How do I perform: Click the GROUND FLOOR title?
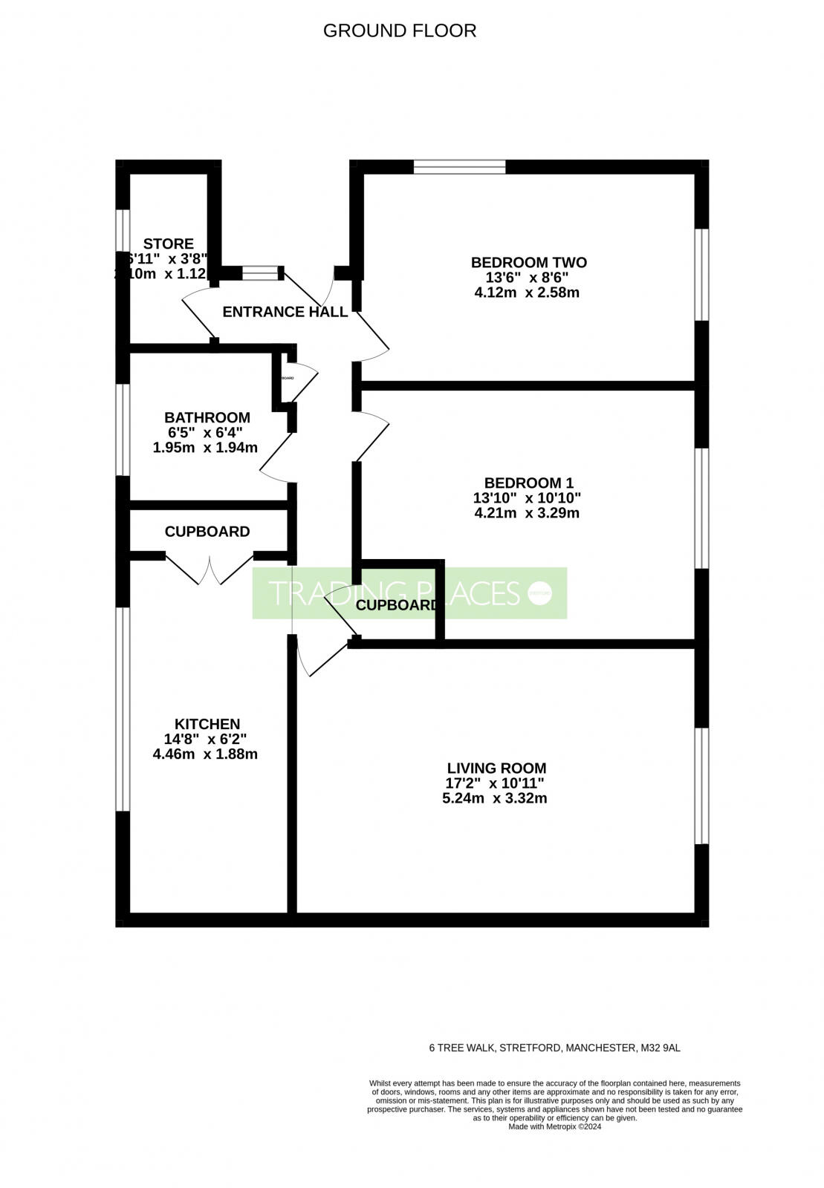[x=400, y=30]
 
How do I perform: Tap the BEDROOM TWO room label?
[x=528, y=262]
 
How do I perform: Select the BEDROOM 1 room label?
[x=528, y=483]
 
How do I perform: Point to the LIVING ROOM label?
[x=496, y=768]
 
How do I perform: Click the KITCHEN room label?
[x=207, y=724]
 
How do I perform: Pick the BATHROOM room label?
[x=207, y=417]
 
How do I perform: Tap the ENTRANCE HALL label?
[x=285, y=312]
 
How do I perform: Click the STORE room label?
[x=168, y=244]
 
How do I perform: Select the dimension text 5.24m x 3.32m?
[x=494, y=799]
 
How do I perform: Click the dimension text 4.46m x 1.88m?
[x=205, y=754]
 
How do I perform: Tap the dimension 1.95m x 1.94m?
[x=205, y=448]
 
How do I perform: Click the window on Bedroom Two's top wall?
[x=459, y=166]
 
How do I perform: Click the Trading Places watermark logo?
[x=409, y=593]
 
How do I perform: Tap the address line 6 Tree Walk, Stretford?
[x=554, y=1048]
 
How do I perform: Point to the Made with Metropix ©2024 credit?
[x=554, y=1126]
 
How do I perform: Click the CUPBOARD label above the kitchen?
[x=207, y=532]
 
